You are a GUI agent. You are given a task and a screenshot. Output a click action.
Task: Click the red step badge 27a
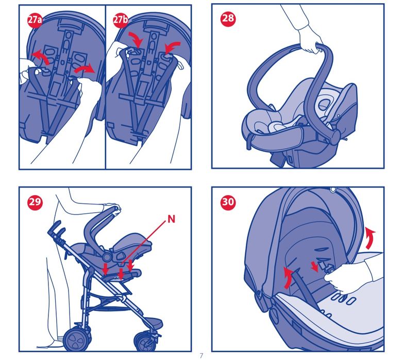[x=35, y=20]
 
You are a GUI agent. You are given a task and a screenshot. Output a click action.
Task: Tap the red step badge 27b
[x=121, y=20]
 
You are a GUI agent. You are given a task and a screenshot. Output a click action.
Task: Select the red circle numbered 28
[x=228, y=18]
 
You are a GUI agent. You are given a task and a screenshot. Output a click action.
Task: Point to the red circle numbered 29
[x=35, y=202]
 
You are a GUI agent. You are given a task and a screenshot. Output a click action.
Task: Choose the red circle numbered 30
[x=228, y=202]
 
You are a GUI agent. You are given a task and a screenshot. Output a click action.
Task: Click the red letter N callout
[x=171, y=219]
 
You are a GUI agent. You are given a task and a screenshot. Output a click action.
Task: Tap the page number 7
[x=201, y=356]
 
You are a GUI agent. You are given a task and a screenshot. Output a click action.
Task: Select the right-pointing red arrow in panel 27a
[x=85, y=69]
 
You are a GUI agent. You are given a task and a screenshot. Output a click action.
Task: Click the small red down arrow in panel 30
[x=314, y=267]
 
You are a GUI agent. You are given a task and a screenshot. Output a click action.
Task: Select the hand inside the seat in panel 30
[x=341, y=278]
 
